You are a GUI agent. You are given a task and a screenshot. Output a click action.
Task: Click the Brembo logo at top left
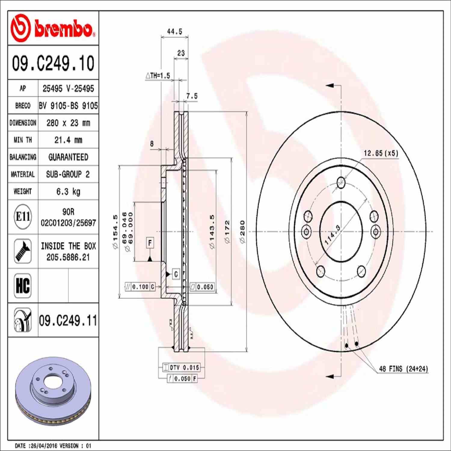point(53,29)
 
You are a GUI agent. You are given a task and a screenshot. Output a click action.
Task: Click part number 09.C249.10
point(53,63)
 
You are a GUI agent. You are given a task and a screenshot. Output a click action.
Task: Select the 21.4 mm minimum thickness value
point(68,140)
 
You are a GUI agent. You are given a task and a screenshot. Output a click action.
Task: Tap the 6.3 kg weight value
point(68,192)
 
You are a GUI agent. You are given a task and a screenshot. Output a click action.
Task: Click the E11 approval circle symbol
point(23,216)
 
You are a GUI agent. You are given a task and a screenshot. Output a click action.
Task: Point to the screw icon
point(23,251)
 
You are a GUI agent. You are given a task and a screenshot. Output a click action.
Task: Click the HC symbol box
point(23,286)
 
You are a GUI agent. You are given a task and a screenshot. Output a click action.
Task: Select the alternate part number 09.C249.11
point(68,321)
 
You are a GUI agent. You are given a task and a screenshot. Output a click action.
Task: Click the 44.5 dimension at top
point(174,32)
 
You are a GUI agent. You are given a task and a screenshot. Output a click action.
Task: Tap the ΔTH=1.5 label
point(158,76)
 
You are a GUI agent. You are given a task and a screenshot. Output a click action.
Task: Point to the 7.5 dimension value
point(192,96)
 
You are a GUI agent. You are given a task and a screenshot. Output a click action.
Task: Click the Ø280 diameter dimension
point(242,232)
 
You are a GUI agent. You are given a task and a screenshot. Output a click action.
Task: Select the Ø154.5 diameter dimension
point(115,232)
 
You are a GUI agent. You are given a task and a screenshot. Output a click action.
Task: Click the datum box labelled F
point(150,242)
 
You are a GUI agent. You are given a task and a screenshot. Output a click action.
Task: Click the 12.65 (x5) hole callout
point(381,153)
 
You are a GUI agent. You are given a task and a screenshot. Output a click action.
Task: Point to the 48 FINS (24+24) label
point(403,369)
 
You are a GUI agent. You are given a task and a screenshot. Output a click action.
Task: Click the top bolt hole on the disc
point(341,182)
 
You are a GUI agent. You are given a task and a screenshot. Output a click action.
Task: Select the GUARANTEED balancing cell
point(68,157)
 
